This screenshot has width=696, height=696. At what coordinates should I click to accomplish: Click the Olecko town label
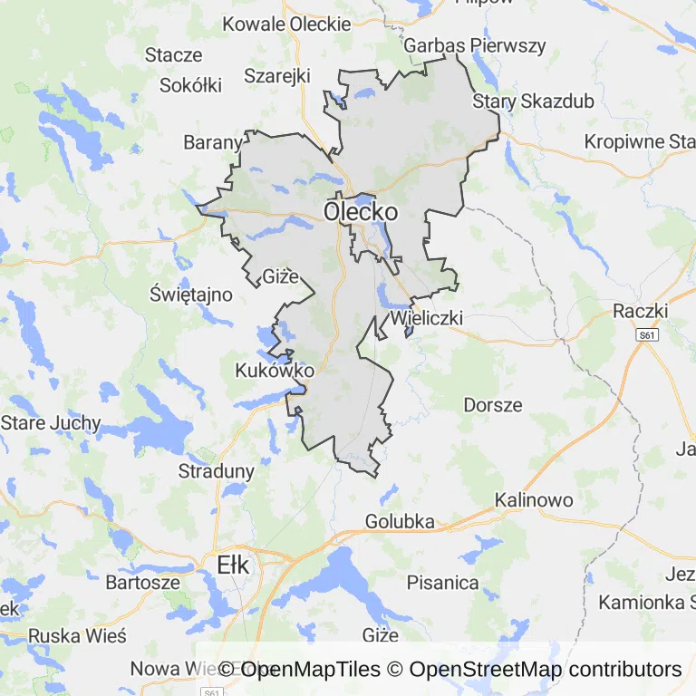tap(361, 212)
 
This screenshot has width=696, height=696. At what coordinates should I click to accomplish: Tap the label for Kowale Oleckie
tap(286, 24)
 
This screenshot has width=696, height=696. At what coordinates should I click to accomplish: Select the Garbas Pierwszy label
tap(476, 45)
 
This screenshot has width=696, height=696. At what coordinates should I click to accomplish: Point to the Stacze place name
tap(173, 54)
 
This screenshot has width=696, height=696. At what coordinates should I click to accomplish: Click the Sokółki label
tap(190, 85)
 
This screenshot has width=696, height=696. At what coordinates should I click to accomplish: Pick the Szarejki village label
tap(277, 75)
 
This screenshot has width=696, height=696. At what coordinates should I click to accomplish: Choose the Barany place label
tap(213, 142)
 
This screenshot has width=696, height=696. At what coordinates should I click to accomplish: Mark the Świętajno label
tap(191, 295)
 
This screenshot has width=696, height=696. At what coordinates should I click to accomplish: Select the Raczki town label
tap(640, 311)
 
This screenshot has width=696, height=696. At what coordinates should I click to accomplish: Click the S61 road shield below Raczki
tap(645, 335)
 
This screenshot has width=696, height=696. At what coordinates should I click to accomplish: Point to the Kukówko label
tap(275, 371)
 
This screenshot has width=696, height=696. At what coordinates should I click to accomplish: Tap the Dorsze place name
tap(493, 404)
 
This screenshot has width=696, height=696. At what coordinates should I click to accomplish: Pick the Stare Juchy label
tap(51, 423)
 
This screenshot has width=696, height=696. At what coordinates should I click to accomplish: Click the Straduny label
tap(217, 471)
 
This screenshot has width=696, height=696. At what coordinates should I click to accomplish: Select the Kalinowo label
tap(534, 500)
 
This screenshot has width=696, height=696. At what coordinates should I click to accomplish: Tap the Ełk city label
tap(233, 565)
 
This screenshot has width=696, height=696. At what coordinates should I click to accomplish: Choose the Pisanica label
tap(443, 583)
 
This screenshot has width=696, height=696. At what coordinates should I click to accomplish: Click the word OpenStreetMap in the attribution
tap(485, 670)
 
